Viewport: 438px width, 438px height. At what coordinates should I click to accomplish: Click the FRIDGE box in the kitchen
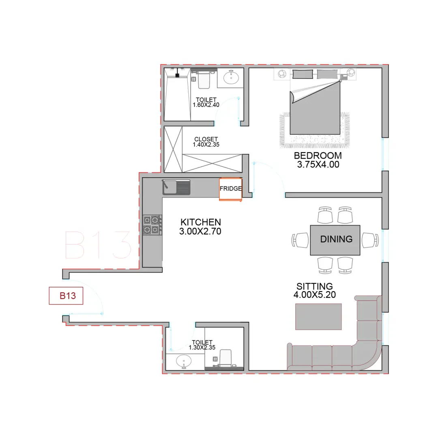click(x=230, y=189)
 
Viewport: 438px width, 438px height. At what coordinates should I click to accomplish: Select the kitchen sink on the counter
click(x=176, y=187)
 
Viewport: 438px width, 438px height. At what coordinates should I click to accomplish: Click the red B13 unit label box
click(x=66, y=296)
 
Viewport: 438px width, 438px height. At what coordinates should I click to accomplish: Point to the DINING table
click(x=335, y=240)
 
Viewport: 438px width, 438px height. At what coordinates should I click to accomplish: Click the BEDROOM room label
click(x=318, y=156)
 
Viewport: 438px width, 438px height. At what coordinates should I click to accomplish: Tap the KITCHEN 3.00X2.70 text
click(x=200, y=227)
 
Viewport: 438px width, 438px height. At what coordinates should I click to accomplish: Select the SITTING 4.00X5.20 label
click(x=315, y=290)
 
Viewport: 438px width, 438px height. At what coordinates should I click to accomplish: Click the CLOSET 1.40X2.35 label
click(x=206, y=142)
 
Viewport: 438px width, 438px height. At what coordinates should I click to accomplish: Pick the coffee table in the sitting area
click(x=318, y=316)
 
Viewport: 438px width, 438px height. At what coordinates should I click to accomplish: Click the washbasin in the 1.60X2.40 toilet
click(x=231, y=77)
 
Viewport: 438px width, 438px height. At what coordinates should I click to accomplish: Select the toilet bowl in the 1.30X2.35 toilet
click(x=225, y=358)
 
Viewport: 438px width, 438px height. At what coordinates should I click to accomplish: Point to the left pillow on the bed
click(x=303, y=74)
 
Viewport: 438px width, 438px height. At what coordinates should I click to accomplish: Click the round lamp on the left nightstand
click(x=281, y=74)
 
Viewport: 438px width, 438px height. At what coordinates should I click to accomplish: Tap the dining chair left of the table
click(x=300, y=240)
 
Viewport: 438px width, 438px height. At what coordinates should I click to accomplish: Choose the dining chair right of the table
click(x=370, y=240)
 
